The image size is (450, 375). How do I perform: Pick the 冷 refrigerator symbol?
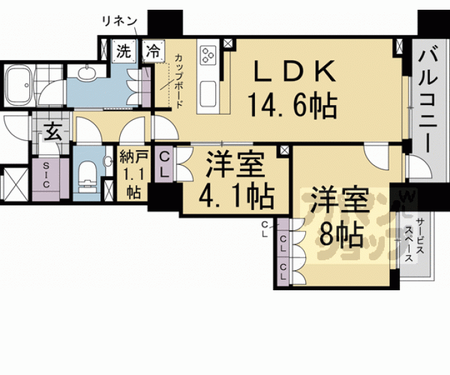pos(153,50)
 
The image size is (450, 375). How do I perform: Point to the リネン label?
pos(117,21)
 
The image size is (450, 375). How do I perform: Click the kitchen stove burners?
pos(208,55)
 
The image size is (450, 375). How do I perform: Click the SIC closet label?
pos(46,175)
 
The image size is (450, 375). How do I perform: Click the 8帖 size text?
pos(342,233)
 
